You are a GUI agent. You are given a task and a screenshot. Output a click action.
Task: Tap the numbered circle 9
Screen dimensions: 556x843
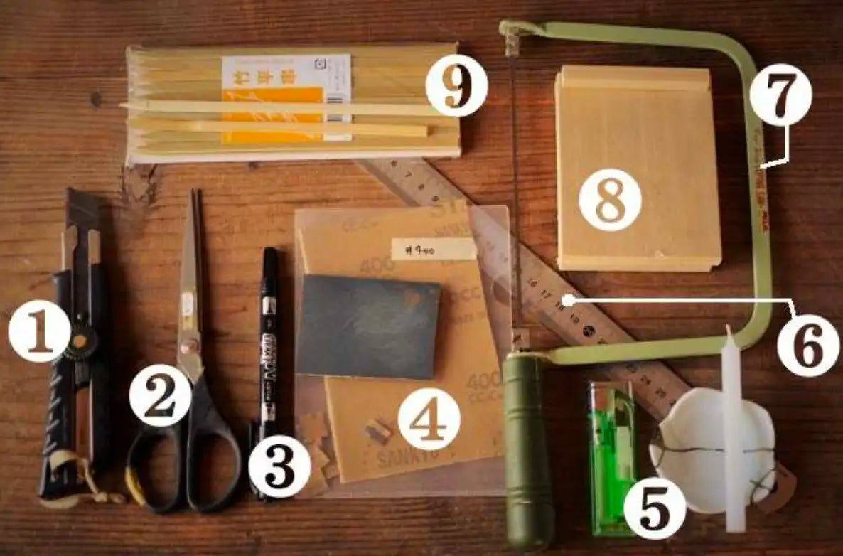coord(456,86)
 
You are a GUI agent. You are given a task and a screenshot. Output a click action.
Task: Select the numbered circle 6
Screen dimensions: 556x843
coord(807,346)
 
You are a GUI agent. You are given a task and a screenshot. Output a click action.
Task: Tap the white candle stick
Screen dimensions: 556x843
coord(732,427)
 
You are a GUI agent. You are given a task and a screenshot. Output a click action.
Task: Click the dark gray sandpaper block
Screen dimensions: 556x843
coord(368,326)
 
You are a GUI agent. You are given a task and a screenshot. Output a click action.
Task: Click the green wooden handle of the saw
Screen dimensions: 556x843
coord(527,448)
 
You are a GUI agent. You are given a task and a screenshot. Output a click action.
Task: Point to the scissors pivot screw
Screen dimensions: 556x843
coord(189,347)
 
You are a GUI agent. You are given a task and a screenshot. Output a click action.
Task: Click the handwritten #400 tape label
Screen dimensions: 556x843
coord(434,248)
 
